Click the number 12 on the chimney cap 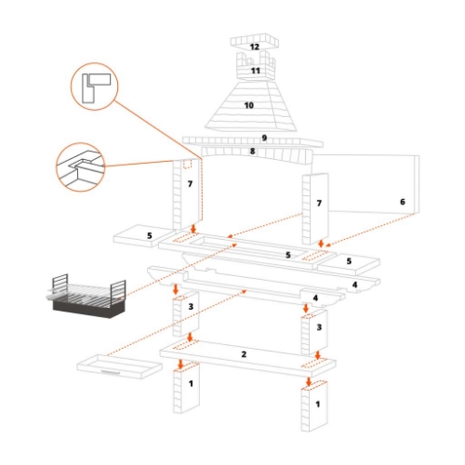click(254, 46)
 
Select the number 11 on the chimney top click(255, 71)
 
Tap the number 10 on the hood click(248, 106)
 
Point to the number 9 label click(264, 139)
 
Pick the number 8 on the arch click(251, 150)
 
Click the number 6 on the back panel click(403, 201)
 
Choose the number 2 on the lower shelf click(244, 354)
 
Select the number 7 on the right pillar click(319, 203)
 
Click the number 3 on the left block click(191, 306)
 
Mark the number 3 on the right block click(319, 327)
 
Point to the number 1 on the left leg click(190, 382)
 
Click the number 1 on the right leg click(319, 405)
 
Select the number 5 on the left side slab click(148, 236)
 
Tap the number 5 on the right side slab click(348, 261)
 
